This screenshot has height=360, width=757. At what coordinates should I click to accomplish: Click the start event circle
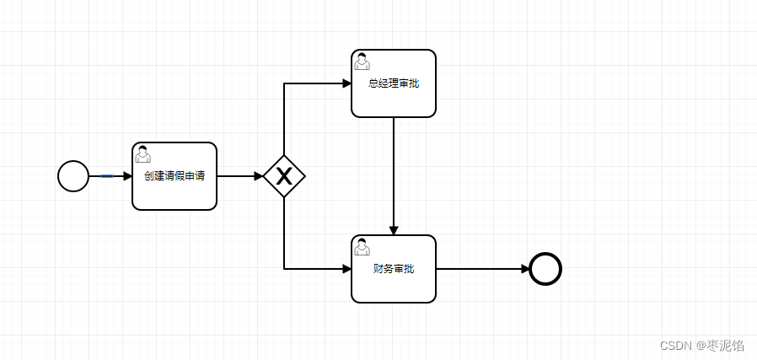tap(73, 176)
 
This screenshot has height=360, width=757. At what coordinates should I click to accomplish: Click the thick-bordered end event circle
tap(545, 269)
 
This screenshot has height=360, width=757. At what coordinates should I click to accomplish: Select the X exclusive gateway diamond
tap(284, 176)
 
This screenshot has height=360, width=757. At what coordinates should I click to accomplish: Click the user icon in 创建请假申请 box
tap(143, 153)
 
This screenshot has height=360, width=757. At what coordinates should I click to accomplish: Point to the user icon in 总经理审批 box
tap(362, 61)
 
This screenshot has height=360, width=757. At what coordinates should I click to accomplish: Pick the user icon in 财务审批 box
tap(362, 246)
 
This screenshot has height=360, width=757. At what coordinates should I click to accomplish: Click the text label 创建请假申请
tap(174, 177)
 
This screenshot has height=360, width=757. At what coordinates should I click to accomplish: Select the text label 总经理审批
tap(394, 83)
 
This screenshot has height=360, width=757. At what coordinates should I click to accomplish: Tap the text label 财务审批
tap(394, 269)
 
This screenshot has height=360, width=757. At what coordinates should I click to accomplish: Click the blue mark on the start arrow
tap(107, 176)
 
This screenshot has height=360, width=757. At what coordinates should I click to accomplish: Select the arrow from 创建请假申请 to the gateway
tap(239, 176)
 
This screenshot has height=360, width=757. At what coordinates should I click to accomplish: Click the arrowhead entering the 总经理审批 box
tap(346, 83)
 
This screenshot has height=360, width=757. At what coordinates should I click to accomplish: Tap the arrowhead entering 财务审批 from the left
tap(346, 269)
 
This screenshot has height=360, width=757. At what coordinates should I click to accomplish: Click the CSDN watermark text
tap(701, 346)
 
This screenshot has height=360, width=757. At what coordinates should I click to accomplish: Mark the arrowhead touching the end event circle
tap(524, 269)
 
